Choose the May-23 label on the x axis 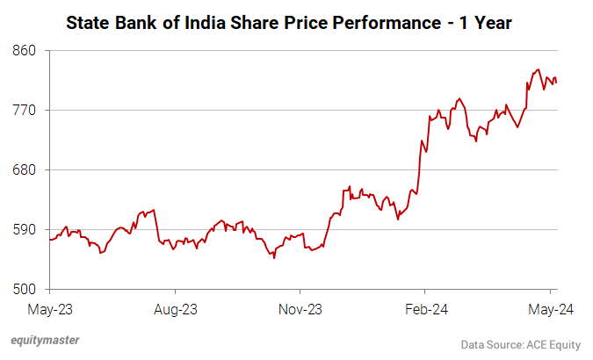click(50, 309)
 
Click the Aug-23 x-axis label click(175, 309)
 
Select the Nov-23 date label click(300, 309)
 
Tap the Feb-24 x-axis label click(424, 309)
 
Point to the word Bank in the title click(148, 21)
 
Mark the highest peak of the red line click(538, 69)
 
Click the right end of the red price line click(556, 83)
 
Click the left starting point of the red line click(50, 239)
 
